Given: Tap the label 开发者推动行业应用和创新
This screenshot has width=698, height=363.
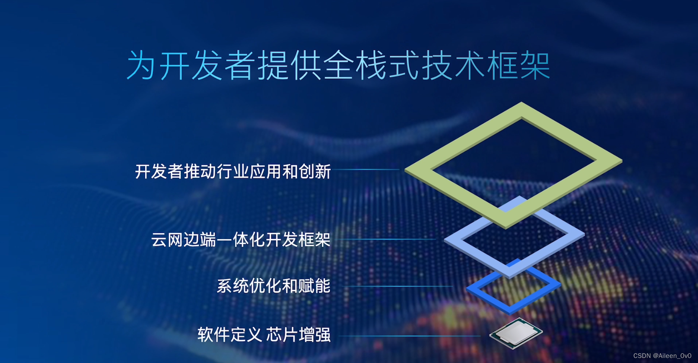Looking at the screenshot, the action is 233,172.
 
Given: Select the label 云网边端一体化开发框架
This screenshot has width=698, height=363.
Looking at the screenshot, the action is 241,240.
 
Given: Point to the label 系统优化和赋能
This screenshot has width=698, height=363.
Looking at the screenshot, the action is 274,286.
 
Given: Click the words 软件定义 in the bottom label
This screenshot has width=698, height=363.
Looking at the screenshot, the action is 230,335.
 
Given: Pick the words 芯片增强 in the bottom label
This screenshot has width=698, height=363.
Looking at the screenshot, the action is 298,335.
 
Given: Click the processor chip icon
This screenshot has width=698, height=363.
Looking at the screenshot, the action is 516,333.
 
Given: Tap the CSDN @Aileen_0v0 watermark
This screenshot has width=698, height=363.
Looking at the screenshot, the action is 662,356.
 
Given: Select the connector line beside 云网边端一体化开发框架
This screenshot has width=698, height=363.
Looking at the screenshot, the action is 386,240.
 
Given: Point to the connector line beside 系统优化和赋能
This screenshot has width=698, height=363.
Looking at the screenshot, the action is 397,286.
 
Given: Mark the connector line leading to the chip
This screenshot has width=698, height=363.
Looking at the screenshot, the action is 409,336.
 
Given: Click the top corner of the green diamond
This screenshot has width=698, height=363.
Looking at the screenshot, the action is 522,102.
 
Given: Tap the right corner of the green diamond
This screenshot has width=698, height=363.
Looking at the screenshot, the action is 622,161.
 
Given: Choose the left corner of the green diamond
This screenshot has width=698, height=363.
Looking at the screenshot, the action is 405,170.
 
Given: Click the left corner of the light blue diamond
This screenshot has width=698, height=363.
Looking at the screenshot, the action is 444,240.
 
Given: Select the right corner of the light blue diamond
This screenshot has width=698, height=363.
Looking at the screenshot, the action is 584,234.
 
